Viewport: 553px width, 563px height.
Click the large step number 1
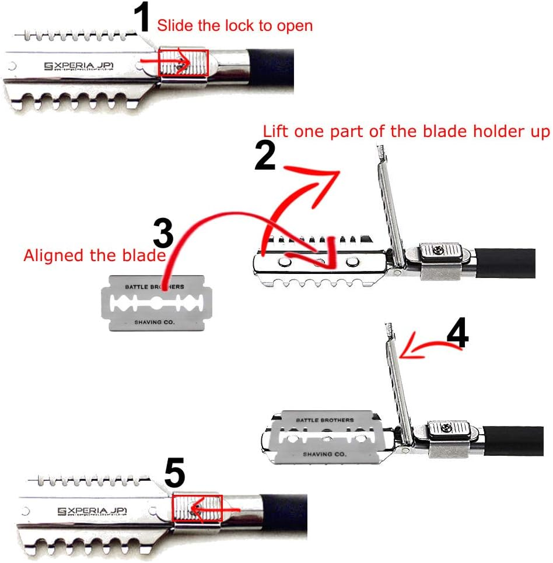pos(143,19)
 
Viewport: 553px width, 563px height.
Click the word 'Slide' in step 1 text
pos(174,25)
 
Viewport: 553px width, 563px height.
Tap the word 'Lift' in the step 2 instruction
pos(276,132)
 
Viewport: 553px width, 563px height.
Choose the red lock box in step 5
pos(197,508)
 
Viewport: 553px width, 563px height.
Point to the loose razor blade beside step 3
pos(157,304)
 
